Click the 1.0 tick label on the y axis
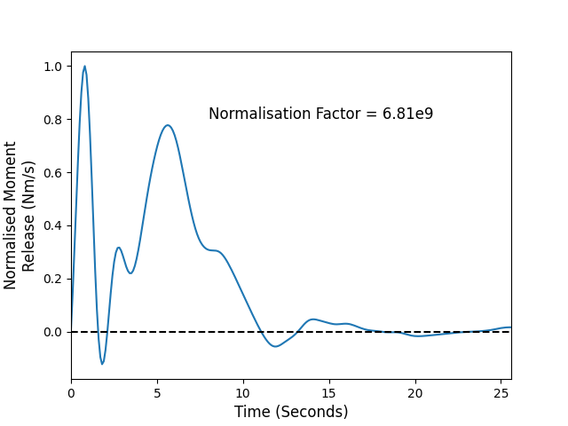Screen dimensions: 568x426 tap(53, 67)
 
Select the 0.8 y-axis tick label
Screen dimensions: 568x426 tap(53, 120)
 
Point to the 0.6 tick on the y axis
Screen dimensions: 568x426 tap(53, 173)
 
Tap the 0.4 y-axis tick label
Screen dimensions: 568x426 tap(53, 226)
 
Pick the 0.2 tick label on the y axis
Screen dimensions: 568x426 tap(53, 280)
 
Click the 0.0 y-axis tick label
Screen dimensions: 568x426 tap(53, 332)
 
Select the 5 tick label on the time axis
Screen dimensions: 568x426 tap(157, 393)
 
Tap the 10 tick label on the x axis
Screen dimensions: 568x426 tap(243, 393)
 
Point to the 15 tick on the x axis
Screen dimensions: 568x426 tap(329, 393)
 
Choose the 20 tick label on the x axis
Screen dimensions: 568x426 tap(415, 393)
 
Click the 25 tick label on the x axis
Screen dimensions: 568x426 tap(501, 393)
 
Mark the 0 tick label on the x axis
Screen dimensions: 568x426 tap(71, 393)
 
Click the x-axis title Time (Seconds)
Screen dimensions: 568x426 tap(291, 412)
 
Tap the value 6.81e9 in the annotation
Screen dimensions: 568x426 tap(408, 114)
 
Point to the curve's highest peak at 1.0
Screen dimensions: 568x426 tap(85, 67)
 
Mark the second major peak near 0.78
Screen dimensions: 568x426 tap(168, 125)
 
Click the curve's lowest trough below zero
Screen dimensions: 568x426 tap(102, 364)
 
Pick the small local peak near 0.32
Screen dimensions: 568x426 tap(118, 248)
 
